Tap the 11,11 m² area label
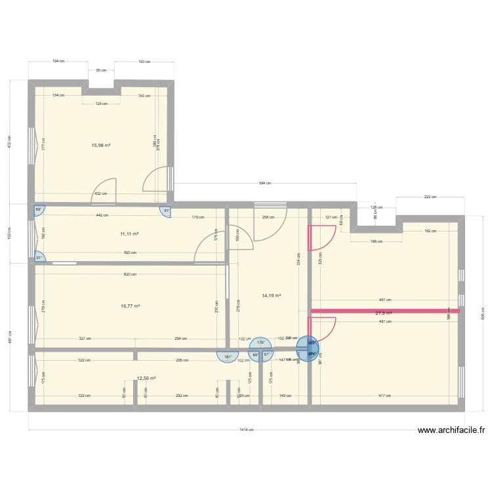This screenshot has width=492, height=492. tap(129, 234)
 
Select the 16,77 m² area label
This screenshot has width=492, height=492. tap(131, 306)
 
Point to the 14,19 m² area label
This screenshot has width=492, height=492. tap(271, 296)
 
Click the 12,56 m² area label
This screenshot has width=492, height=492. tap(146, 378)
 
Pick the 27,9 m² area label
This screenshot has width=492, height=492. tap(384, 314)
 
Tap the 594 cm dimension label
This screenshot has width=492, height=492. tap(264, 184)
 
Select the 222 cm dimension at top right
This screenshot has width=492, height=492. tap(430, 197)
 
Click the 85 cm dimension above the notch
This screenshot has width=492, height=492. tap(101, 70)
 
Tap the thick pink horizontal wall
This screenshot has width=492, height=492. tap(385, 310)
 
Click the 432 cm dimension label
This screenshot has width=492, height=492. tap(101, 194)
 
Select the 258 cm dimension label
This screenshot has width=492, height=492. tap(268, 217)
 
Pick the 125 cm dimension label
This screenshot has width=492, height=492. tap(101, 104)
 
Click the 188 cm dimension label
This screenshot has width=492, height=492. tap(376, 241)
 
